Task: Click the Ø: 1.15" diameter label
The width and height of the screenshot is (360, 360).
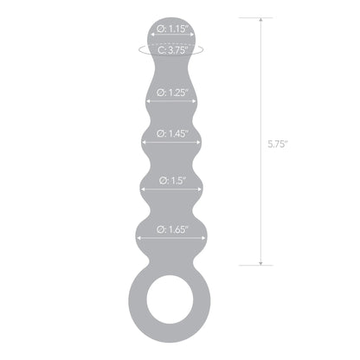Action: coord(175,29)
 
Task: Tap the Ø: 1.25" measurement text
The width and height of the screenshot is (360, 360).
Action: coord(174,91)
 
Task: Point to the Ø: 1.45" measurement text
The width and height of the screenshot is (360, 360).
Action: coord(174,134)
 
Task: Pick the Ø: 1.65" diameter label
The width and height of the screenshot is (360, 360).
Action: coord(174,230)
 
